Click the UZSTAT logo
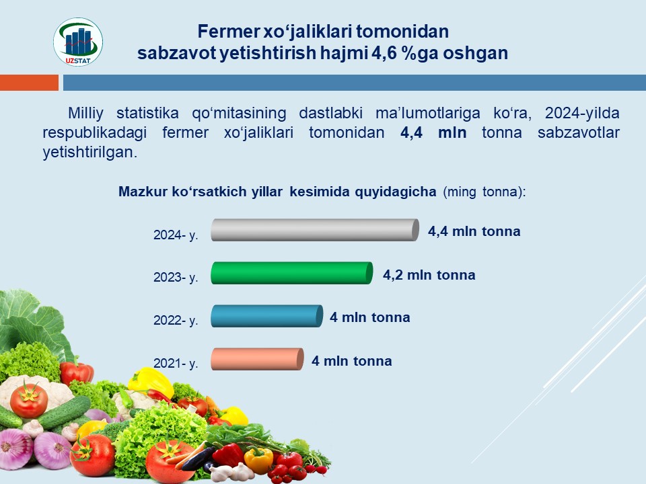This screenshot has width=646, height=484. pos(78,42)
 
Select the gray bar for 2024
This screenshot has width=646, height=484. pos(315,230)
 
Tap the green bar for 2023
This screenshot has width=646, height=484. pos(291,273)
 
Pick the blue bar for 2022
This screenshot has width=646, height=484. pos(266,316)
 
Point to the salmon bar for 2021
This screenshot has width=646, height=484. pos(257,359)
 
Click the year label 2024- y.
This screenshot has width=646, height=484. pos(176,235)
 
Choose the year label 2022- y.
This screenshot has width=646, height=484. pos(176,320)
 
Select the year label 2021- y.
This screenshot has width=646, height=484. pos(176,364)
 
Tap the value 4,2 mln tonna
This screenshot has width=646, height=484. pos(429,275)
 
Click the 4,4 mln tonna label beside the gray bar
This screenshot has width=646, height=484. pos(474,231)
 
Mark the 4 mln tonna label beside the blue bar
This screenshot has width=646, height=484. pos(369,317)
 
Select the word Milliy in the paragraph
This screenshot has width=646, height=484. pos(85,113)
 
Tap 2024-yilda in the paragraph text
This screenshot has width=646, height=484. pos(582,113)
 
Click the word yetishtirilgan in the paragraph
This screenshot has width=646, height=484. pos(89,153)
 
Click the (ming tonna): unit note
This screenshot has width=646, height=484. pos(484,192)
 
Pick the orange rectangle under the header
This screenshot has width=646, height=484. pos(29,82)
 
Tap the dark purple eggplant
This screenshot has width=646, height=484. pos(198,458)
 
